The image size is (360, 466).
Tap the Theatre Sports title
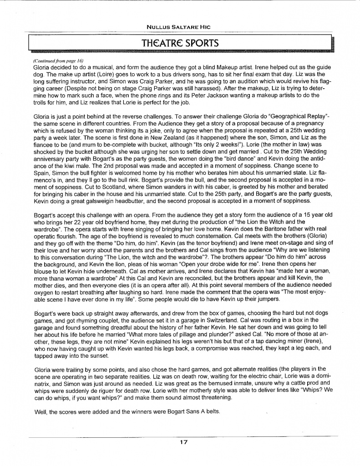[x=180, y=43]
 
